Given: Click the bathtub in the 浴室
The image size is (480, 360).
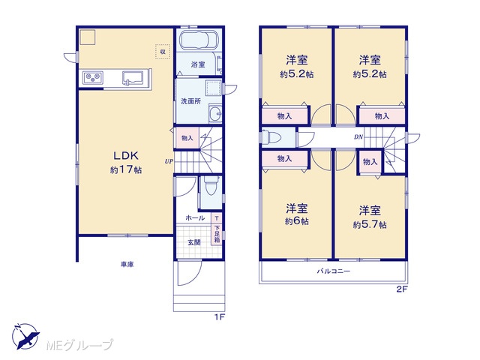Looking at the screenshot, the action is coord(199,40).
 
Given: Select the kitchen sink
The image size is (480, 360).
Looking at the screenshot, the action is coord(133,78).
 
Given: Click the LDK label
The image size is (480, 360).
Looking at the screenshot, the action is coord(126,156).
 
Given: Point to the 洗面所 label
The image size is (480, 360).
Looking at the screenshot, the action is coord(190,101).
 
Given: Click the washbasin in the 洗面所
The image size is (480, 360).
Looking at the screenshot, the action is coord(215,113).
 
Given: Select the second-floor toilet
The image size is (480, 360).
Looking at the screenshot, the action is coord(271,136).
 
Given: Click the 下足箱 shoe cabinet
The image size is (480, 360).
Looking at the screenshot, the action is coord(217,234).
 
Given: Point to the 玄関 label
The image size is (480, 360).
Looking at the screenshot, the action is coord(194,242).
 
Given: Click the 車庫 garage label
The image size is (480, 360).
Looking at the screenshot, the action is coord(127,264).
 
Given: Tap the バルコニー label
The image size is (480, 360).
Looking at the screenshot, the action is coord(333,271).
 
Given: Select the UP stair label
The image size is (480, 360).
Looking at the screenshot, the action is coord(169,161).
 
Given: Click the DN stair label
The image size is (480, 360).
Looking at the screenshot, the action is coord(358,137).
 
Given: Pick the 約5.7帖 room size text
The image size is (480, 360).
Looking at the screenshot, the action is coord(370,225).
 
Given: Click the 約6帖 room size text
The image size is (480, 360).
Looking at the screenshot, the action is coord(297,221).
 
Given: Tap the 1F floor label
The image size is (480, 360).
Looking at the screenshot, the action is coord(220,317).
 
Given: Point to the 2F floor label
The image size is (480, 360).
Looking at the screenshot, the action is coord(402,289).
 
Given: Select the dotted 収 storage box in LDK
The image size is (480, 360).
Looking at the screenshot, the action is coord(163,52).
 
